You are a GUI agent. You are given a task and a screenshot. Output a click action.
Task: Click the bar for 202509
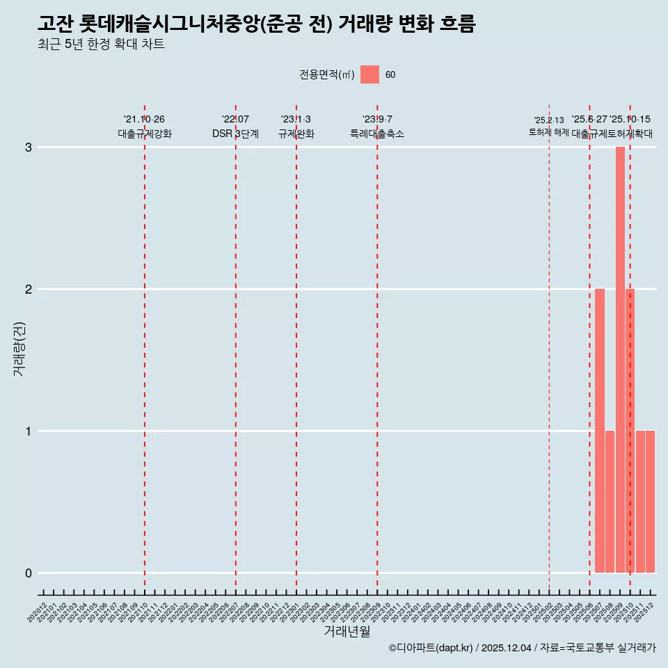click(620, 359)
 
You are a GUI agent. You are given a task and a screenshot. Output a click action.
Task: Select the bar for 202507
click(600, 430)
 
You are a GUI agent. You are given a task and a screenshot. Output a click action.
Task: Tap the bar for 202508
click(610, 501)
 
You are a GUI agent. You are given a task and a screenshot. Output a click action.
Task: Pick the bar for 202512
click(651, 501)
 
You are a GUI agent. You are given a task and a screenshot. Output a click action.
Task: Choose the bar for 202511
click(640, 501)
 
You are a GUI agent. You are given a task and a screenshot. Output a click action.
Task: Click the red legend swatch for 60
click(369, 74)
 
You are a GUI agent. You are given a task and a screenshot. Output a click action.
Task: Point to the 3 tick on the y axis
click(29, 148)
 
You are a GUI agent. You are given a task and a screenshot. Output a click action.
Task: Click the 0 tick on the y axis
click(29, 573)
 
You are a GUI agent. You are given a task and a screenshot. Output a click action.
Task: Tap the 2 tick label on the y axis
click(29, 289)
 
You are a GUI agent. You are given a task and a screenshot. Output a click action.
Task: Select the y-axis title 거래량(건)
click(19, 349)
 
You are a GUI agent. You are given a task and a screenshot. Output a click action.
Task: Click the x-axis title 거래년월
click(347, 631)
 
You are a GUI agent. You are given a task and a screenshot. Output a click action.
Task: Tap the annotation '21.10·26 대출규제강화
click(144, 127)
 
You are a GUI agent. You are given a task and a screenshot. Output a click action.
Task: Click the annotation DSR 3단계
click(235, 134)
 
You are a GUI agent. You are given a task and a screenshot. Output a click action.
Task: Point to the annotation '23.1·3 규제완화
click(296, 127)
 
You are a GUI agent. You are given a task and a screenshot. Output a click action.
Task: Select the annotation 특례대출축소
click(376, 134)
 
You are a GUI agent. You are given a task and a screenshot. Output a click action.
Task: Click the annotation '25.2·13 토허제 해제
click(549, 126)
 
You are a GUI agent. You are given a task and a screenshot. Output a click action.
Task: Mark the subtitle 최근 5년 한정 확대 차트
click(101, 45)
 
